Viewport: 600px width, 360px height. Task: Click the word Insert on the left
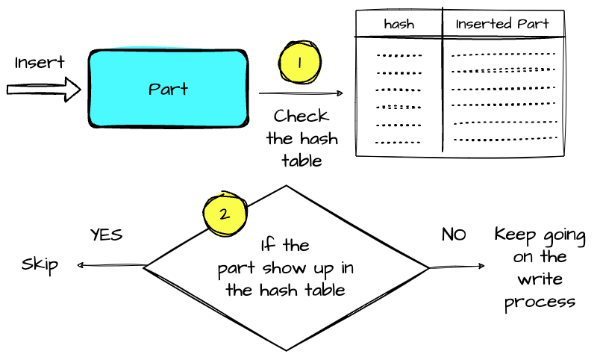click(x=40, y=63)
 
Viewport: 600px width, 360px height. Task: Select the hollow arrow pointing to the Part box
click(x=43, y=90)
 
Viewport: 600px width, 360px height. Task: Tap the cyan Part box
click(x=168, y=89)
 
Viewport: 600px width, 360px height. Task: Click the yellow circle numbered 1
click(x=299, y=63)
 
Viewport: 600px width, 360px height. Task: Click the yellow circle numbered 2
click(x=223, y=214)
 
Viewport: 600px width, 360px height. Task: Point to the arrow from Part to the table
click(x=301, y=94)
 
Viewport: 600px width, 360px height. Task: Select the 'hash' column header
click(x=399, y=25)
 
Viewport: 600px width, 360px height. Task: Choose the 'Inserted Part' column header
click(x=502, y=24)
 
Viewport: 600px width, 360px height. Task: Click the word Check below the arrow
click(x=301, y=116)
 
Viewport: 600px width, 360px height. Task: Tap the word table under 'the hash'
click(x=301, y=160)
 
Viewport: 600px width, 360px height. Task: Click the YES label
click(x=106, y=235)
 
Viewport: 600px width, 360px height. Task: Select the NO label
click(x=454, y=235)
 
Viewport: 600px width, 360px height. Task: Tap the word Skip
click(x=40, y=265)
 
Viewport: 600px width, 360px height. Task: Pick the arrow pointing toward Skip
click(x=110, y=265)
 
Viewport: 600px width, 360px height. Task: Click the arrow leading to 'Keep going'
click(x=457, y=267)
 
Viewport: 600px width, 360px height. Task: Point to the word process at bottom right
click(x=540, y=302)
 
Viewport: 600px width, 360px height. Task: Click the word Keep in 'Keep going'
click(x=514, y=235)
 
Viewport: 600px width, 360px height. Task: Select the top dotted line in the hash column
click(x=399, y=55)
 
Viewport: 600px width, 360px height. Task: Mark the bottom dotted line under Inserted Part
click(x=506, y=140)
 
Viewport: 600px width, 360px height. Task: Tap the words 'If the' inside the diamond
click(x=285, y=246)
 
